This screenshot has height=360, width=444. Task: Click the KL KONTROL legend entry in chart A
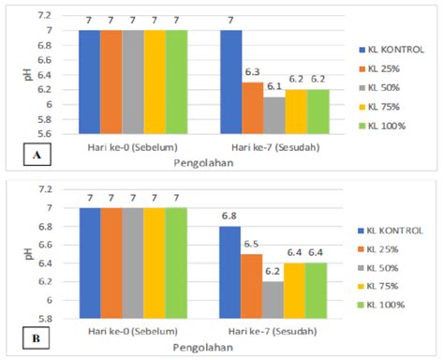tap(392, 48)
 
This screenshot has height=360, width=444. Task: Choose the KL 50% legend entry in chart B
tap(387, 272)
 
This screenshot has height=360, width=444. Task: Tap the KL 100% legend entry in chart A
tap(389, 126)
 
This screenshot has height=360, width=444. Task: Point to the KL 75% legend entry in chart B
tap(387, 292)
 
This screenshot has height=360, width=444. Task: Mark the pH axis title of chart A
tap(27, 75)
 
